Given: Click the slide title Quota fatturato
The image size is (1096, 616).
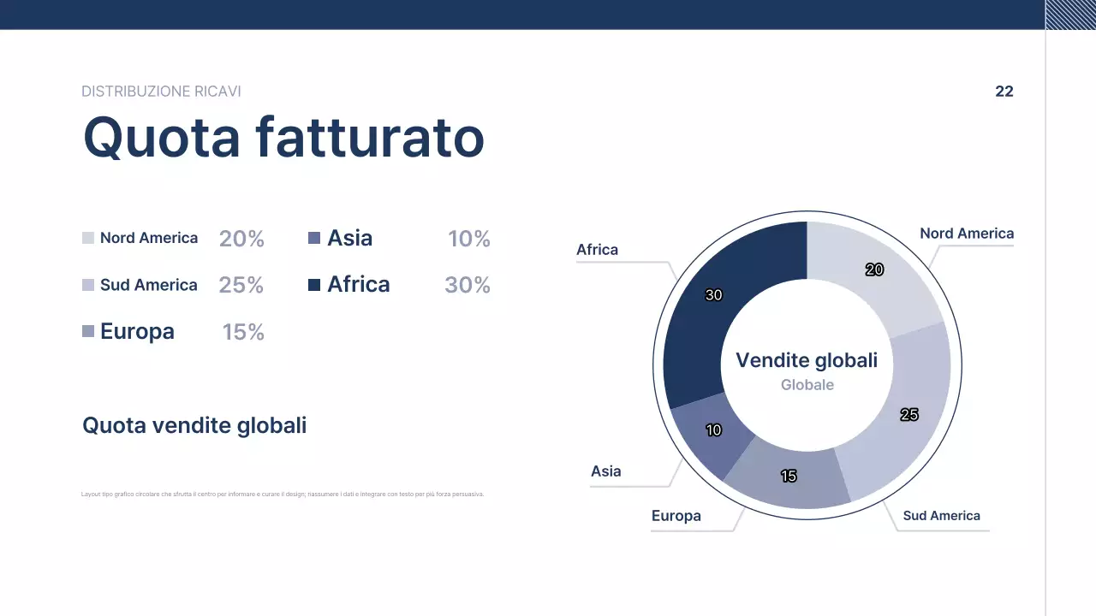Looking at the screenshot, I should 283,137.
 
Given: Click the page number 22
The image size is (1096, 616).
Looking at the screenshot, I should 1004,92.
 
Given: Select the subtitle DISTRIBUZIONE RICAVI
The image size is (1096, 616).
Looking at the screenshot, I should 161,92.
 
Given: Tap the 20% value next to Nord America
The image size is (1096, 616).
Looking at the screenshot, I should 241,239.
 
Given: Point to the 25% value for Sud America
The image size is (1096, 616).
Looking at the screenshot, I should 241,285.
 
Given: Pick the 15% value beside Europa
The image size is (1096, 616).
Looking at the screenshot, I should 243,332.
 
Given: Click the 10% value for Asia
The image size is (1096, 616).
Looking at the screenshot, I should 469,239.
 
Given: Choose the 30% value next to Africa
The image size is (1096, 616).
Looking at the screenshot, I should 468,285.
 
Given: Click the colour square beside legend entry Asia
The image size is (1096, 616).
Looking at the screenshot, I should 314,238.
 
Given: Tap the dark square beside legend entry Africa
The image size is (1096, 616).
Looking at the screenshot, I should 314,285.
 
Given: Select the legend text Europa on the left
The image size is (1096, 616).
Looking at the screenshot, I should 137,331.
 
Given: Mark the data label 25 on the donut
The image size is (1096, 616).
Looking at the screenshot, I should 909,415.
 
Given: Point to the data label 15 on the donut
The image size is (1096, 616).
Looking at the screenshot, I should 789,476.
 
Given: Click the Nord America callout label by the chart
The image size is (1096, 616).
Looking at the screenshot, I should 966,234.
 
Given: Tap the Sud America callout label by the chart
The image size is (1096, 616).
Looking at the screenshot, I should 941,516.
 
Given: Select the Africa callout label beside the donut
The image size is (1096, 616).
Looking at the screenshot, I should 597,250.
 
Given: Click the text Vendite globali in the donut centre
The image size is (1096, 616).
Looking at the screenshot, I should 807,360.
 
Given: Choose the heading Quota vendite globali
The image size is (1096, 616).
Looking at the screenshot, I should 194,425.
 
